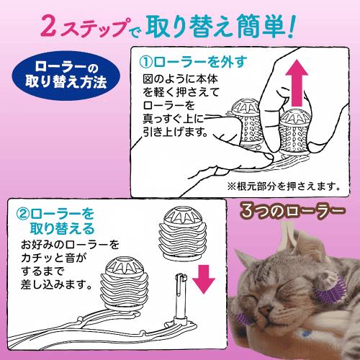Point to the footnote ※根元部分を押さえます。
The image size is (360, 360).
coord(276,185)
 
